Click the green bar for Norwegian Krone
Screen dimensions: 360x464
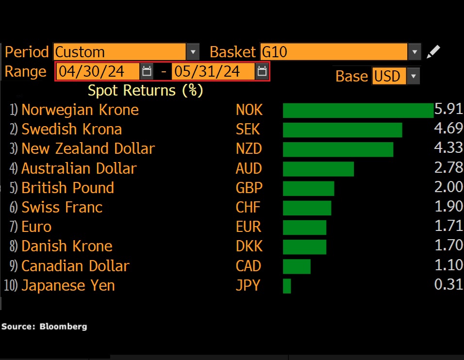click(358, 110)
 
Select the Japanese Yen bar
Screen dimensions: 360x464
click(287, 286)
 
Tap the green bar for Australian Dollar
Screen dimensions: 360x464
click(318, 169)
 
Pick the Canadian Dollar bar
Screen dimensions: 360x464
click(297, 266)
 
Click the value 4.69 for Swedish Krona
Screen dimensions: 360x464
click(448, 129)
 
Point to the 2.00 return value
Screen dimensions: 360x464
click(448, 188)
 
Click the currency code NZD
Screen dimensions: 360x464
click(249, 149)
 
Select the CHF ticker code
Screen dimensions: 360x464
click(248, 208)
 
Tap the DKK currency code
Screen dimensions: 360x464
click(249, 246)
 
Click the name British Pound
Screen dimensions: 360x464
click(67, 188)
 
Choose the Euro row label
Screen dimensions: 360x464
click(36, 227)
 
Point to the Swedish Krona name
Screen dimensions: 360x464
click(71, 130)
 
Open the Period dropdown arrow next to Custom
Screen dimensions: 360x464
click(193, 52)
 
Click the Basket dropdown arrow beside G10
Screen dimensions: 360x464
click(414, 52)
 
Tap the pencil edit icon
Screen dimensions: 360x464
click(433, 51)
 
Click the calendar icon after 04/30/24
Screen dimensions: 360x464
click(146, 72)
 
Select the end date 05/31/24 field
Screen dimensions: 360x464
click(207, 72)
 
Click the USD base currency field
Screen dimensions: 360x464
click(388, 76)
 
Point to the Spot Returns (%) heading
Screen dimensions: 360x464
click(145, 91)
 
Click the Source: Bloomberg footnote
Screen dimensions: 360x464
click(44, 327)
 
